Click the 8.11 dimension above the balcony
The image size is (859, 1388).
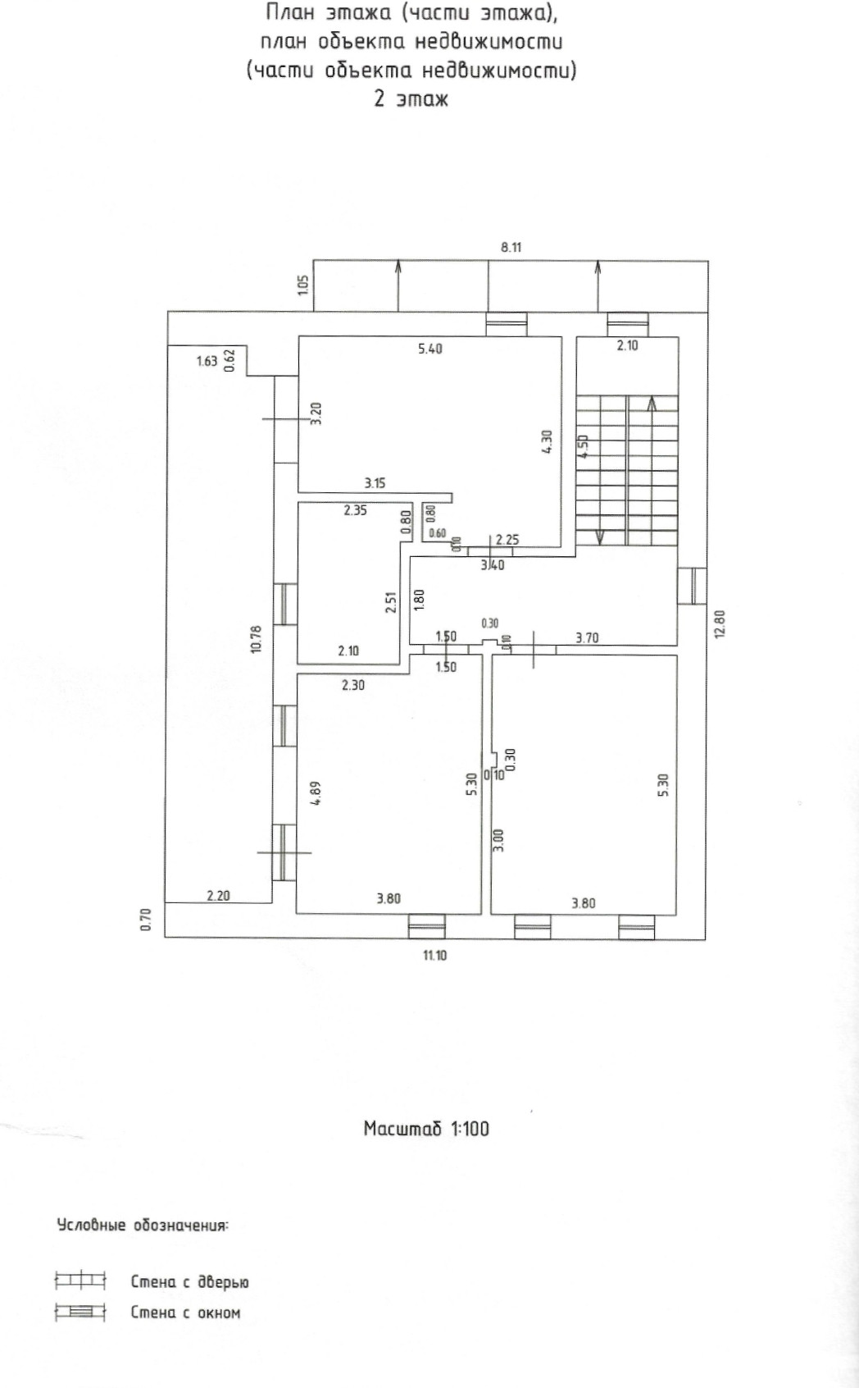[x=511, y=246]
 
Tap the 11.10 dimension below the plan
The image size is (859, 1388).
[x=434, y=955]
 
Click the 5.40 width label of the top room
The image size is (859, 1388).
[x=430, y=349]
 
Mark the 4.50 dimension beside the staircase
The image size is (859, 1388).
[x=583, y=447]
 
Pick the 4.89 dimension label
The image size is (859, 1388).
[x=316, y=793]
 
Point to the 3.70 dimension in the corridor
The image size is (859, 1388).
[x=587, y=637]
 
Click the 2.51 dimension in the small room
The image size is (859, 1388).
[x=392, y=603]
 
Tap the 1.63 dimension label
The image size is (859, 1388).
[x=207, y=360]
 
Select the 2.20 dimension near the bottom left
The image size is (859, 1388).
[x=218, y=896]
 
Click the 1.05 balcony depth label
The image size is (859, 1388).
[x=302, y=285]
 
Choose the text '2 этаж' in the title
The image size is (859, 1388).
[x=411, y=99]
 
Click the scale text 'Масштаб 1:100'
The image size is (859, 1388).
[x=426, y=1128]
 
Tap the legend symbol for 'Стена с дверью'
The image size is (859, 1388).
[x=80, y=1280]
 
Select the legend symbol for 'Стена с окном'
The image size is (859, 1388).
[x=80, y=1312]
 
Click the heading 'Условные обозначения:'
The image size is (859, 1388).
[x=143, y=1226]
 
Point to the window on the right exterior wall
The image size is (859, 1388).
[x=692, y=586]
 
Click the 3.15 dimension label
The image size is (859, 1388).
[x=375, y=483]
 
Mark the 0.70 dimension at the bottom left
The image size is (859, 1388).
[x=145, y=920]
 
